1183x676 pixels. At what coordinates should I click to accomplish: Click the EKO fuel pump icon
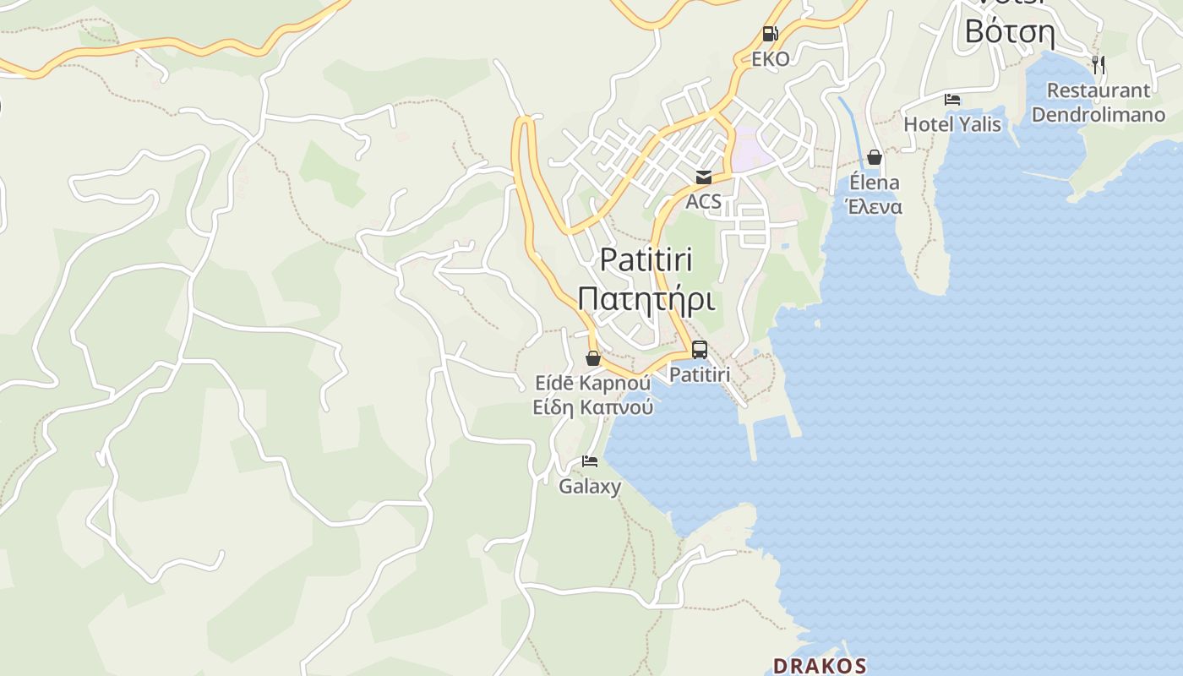770,34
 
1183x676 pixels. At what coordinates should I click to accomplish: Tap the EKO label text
771,59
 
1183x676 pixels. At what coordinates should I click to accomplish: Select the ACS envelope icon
703,177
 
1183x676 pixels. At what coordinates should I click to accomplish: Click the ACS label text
703,201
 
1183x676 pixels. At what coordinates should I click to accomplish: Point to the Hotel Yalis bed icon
952,100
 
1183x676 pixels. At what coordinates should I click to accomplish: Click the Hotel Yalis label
952,124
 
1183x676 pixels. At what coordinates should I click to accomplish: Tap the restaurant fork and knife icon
1098,63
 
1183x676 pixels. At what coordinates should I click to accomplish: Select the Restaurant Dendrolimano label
1098,102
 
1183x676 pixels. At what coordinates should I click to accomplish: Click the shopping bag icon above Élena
875,157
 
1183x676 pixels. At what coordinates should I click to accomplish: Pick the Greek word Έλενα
875,207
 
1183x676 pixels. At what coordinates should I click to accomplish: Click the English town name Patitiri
646,259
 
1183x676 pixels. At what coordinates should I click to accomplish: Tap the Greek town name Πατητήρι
646,298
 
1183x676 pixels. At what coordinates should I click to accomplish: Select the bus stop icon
700,349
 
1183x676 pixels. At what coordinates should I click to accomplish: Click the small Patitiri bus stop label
700,373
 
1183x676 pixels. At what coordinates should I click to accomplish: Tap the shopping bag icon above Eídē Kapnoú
593,358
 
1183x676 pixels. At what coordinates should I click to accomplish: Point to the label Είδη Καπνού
593,407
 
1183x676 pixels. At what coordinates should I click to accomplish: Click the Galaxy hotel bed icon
590,461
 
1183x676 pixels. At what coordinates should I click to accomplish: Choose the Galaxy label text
590,486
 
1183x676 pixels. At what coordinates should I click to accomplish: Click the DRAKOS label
820,665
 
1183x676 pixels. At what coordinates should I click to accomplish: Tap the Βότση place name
1010,32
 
